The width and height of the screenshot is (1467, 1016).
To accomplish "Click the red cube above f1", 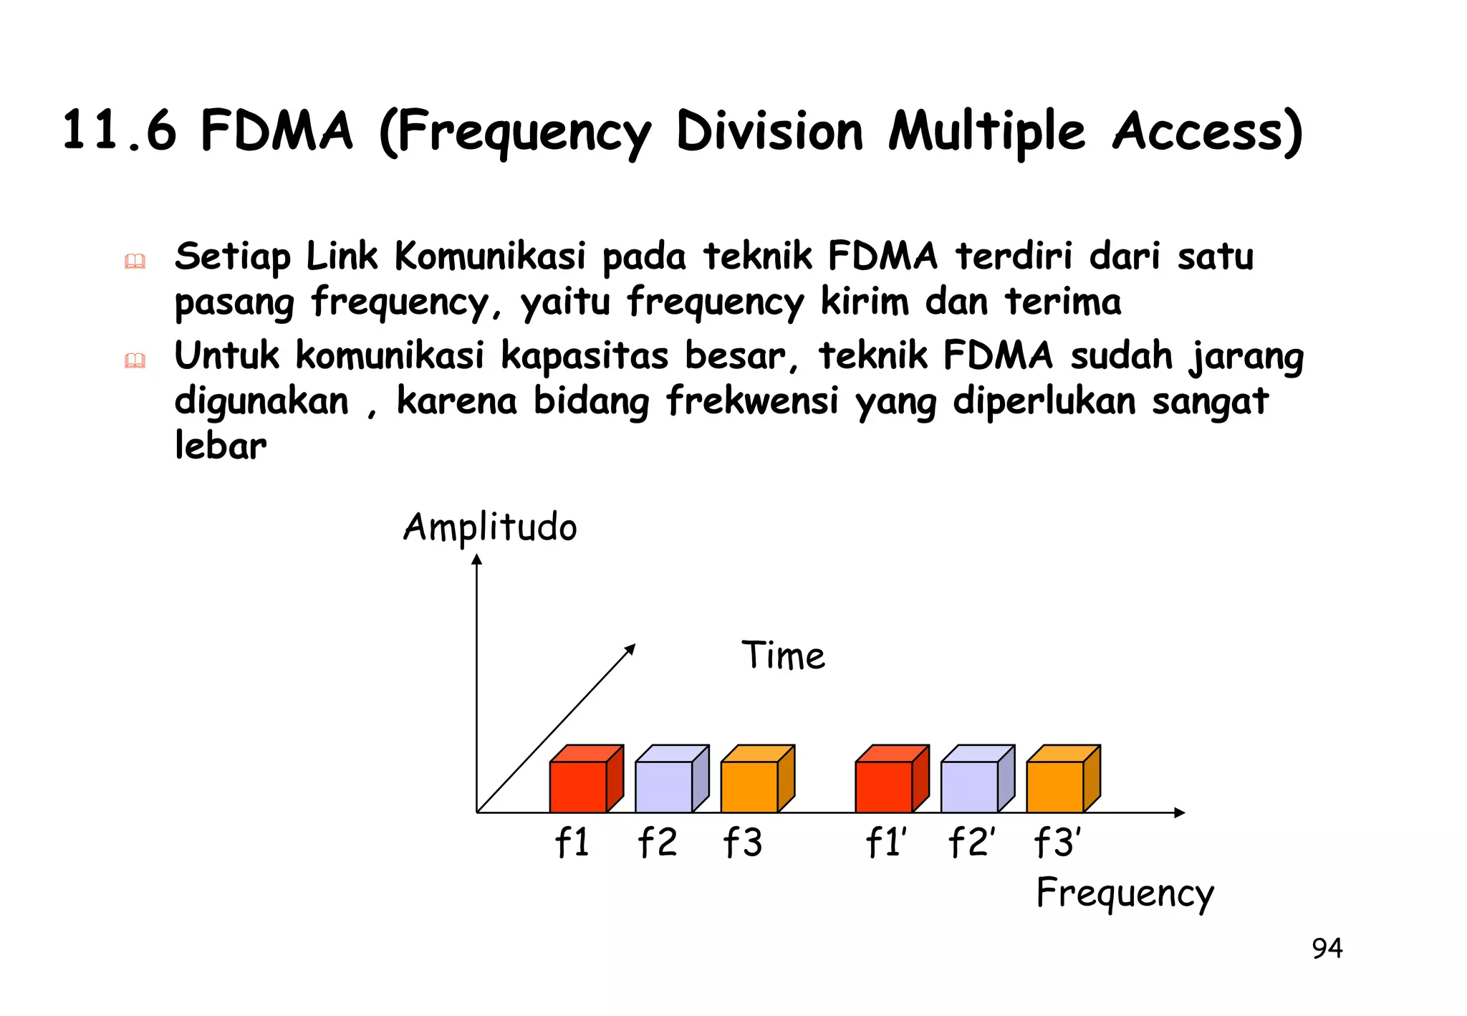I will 585,781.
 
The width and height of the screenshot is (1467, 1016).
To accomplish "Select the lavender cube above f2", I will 670,781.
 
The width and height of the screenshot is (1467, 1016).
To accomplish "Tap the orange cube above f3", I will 756,781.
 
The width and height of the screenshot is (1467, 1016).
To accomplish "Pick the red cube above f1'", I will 890,781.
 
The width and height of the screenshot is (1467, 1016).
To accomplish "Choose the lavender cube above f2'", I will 976,781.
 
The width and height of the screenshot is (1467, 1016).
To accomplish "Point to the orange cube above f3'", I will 1062,781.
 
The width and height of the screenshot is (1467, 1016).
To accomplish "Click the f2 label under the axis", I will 658,843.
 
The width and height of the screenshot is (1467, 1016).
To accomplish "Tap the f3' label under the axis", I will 1058,843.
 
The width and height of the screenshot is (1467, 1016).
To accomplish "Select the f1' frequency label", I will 886,843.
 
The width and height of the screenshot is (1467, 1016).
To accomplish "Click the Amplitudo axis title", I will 490,529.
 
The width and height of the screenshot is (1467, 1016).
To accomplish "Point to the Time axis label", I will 783,656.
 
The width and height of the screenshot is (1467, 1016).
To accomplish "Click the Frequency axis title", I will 1125,894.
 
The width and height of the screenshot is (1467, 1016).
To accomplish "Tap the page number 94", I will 1327,949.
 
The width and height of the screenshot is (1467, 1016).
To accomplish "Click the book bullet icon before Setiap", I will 135,262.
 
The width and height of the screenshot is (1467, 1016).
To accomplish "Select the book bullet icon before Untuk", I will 135,360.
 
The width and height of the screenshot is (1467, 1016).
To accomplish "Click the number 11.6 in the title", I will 119,131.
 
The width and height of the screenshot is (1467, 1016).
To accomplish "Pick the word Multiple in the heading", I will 986,133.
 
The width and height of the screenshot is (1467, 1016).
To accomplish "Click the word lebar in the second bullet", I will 221,446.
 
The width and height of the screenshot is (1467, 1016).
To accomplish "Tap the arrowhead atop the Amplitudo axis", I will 477,560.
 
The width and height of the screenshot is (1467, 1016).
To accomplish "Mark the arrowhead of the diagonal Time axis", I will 631,648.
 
